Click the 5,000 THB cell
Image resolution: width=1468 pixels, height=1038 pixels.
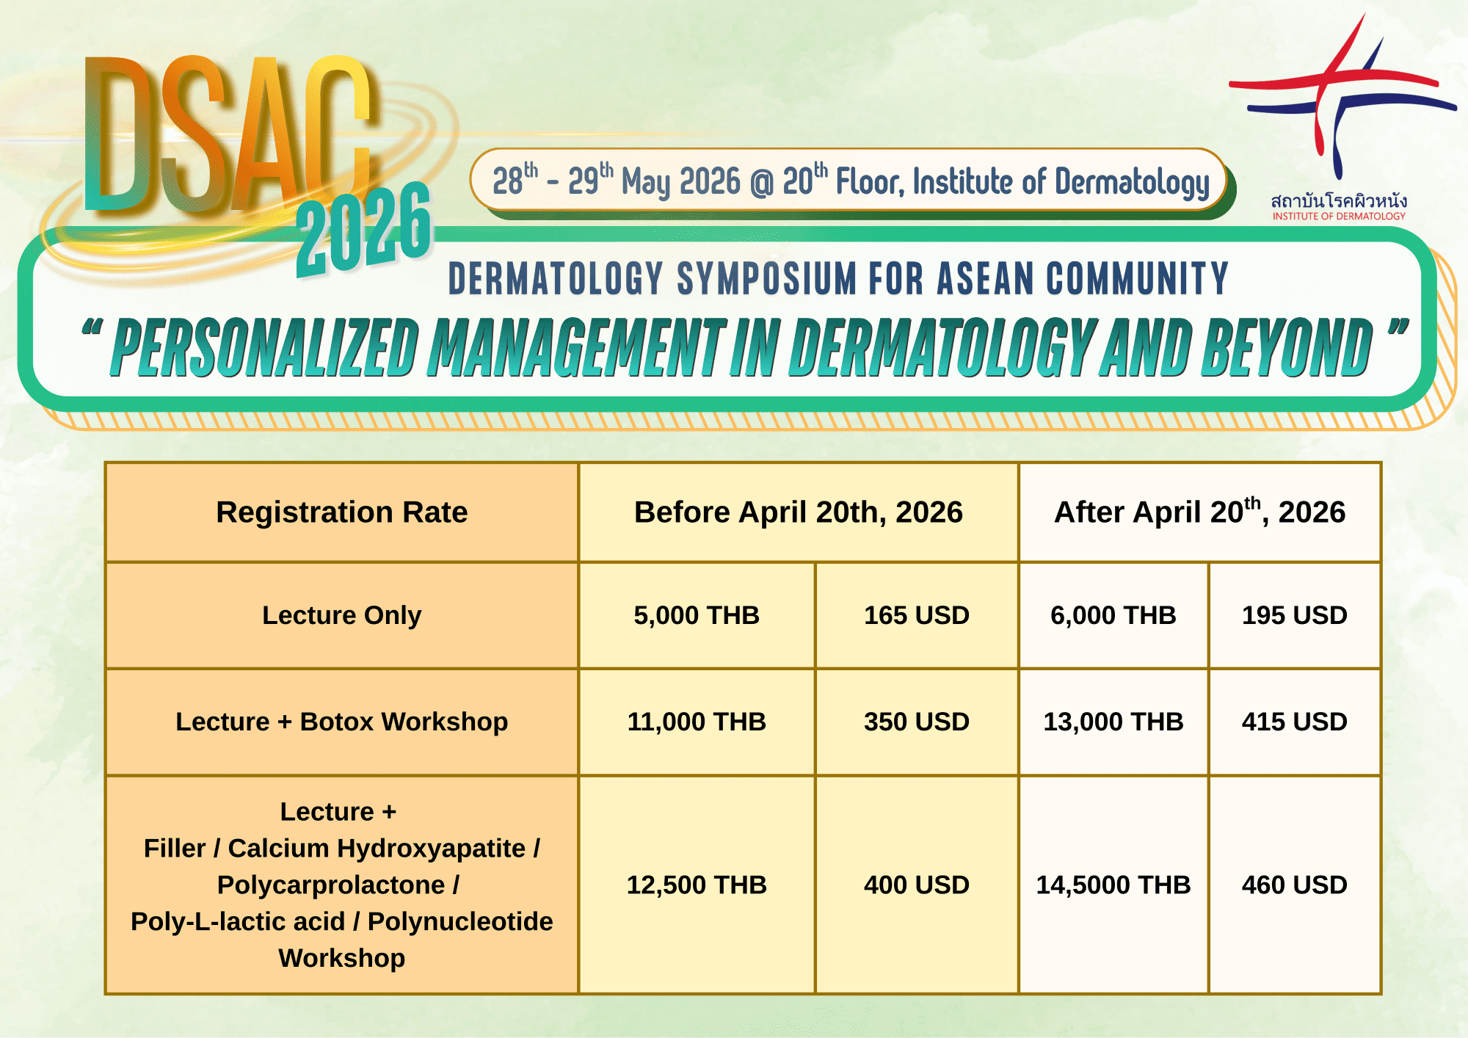coord(697,615)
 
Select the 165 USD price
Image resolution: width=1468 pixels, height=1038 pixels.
coord(917,615)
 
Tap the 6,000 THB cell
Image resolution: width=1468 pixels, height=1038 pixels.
coord(1113,615)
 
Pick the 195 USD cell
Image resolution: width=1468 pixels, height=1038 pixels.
coord(1295,615)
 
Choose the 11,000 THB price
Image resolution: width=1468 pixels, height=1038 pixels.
coord(697,722)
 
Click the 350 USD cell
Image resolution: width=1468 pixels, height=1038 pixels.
coord(917,722)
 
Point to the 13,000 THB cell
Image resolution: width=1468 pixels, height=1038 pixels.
coord(1113,722)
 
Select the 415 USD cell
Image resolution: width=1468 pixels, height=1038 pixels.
coord(1295,722)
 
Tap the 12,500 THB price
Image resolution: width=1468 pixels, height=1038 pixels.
coord(697,885)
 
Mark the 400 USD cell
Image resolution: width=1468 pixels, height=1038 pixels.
coord(917,885)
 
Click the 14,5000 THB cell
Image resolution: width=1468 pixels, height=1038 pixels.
coord(1113,885)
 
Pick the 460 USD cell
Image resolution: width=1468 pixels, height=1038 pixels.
coord(1295,885)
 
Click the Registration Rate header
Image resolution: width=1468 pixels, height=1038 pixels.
coord(342,512)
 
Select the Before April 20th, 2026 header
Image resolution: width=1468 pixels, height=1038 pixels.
coord(799,512)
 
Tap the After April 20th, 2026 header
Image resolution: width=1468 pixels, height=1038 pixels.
coord(1200,512)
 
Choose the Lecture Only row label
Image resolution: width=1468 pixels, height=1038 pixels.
coord(342,615)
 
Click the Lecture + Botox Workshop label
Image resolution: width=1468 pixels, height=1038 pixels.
coord(342,722)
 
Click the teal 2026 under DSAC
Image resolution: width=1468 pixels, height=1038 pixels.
coord(365,229)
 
